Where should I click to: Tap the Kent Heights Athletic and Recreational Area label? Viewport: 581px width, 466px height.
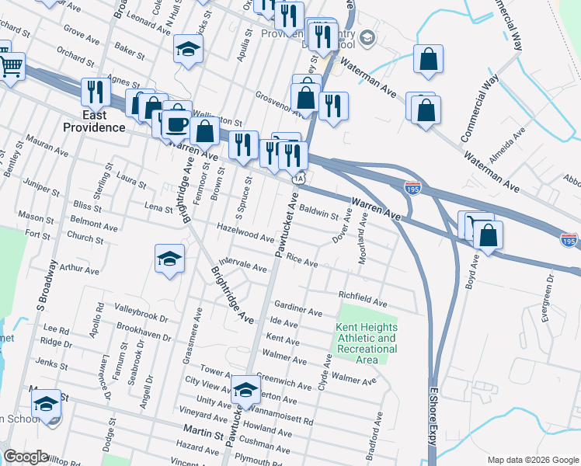[x=366, y=343]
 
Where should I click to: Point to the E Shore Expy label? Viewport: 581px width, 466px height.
[x=432, y=420]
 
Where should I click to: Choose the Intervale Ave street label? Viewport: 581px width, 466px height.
[x=244, y=264]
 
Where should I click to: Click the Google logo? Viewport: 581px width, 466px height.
[x=26, y=457]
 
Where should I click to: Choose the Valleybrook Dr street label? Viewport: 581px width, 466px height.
[x=141, y=318]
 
